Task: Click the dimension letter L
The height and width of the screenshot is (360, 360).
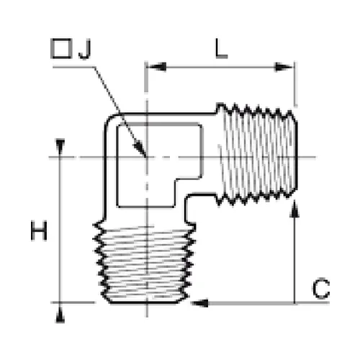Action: [221, 48]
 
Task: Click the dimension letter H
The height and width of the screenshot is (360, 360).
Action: [39, 231]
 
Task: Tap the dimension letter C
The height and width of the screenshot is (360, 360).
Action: [321, 289]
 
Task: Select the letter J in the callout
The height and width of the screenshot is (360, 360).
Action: [85, 49]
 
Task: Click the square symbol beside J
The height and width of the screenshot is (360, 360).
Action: [61, 48]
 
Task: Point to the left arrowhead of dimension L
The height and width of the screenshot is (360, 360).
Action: [156, 67]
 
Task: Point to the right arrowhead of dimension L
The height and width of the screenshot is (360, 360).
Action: [284, 67]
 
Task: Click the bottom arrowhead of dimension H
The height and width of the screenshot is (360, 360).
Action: [60, 315]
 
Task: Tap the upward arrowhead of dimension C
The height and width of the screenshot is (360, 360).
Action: [294, 210]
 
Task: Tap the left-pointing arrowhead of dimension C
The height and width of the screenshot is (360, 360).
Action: [199, 303]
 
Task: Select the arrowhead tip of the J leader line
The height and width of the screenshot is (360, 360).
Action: [145, 156]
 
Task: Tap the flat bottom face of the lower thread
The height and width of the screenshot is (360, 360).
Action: [145, 302]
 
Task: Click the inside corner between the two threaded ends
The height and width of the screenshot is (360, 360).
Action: [187, 197]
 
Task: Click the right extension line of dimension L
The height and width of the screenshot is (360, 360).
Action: [295, 84]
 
